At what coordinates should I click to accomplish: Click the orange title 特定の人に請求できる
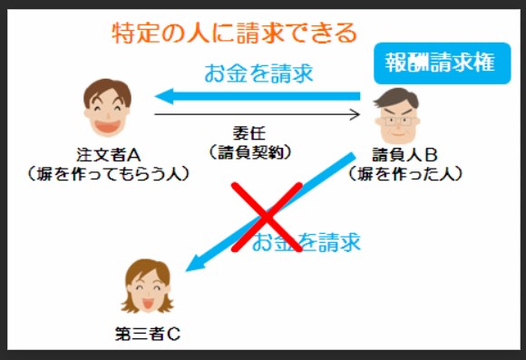click(x=234, y=34)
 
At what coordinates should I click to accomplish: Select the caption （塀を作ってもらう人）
click(x=107, y=171)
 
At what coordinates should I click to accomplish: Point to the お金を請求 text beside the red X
click(x=307, y=242)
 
